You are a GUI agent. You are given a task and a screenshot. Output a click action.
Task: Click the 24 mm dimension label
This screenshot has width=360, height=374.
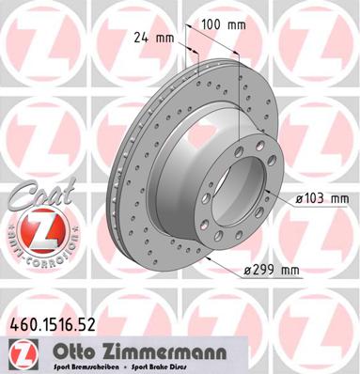point(151,38)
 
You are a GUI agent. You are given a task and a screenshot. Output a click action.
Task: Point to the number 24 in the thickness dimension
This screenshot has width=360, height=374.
point(142,38)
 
